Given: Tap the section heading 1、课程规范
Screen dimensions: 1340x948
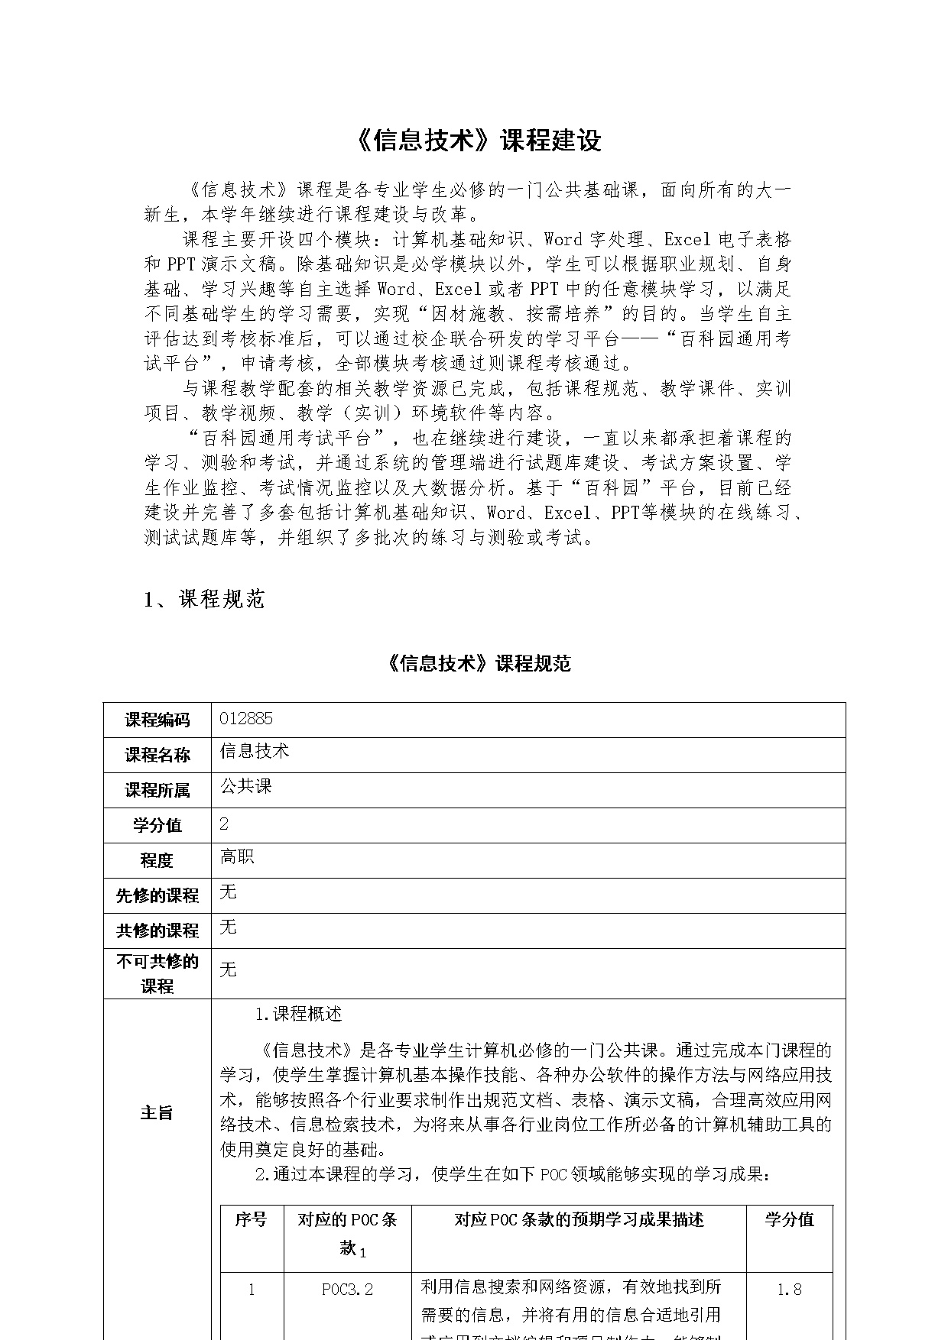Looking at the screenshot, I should coord(204,600).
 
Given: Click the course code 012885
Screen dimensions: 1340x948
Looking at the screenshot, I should coord(245,719).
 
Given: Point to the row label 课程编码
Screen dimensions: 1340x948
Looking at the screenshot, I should coord(157,720).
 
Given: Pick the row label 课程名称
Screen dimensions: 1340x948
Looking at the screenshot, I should coord(157,755).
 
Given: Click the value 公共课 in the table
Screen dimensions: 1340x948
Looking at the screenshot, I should coord(245,786).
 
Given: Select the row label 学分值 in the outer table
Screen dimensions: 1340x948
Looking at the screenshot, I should coord(157,825).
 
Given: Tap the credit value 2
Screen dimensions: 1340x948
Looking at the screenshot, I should coord(224,824).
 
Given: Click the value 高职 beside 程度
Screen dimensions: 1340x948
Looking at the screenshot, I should coord(237,856).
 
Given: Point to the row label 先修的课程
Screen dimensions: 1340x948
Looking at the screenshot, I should coord(157,895).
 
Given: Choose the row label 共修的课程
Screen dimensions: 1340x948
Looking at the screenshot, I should coord(157,931).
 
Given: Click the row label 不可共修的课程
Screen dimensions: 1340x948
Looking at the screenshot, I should coord(157,973).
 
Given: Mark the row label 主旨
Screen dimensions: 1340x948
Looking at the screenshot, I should coord(157,1112).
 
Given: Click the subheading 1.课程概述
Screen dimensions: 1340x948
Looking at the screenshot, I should coord(298,1015).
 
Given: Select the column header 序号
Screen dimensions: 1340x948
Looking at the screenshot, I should coord(251,1219).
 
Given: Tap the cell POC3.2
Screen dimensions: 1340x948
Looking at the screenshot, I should coord(347,1290).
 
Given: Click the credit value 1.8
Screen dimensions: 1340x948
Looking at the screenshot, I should coord(789,1290).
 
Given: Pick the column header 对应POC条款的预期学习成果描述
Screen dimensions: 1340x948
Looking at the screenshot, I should coord(579,1219).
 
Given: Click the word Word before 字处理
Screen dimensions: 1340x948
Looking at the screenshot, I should coord(563,239).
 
